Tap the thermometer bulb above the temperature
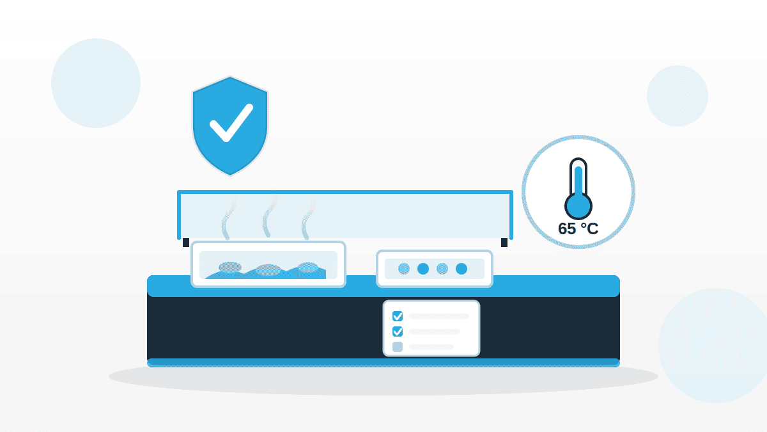click(578, 206)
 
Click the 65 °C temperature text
click(578, 228)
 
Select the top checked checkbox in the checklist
click(398, 316)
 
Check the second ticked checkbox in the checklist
click(398, 332)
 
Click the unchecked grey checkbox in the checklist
click(398, 347)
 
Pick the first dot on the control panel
click(404, 269)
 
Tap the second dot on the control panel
click(423, 269)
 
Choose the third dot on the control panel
click(442, 269)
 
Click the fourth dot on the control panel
click(461, 269)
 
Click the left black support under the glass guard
click(186, 243)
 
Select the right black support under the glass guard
click(504, 243)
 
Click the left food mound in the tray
click(230, 267)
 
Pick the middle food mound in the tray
click(268, 270)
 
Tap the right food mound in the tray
click(308, 268)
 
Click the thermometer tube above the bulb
click(578, 177)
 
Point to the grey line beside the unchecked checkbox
click(431, 347)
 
